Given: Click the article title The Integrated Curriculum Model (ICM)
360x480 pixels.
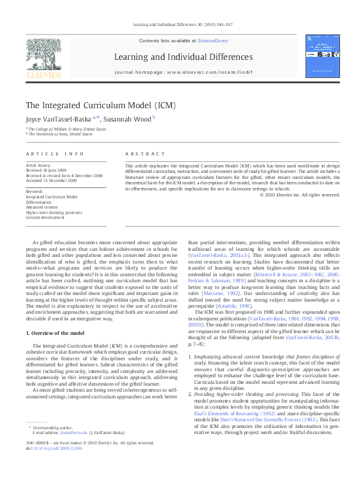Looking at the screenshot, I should (x=92, y=105).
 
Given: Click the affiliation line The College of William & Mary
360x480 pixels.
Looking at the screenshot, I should (x=67, y=129).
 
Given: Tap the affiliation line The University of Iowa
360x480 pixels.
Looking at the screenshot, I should (x=60, y=134).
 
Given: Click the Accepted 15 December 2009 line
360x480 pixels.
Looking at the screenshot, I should (x=51, y=180).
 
